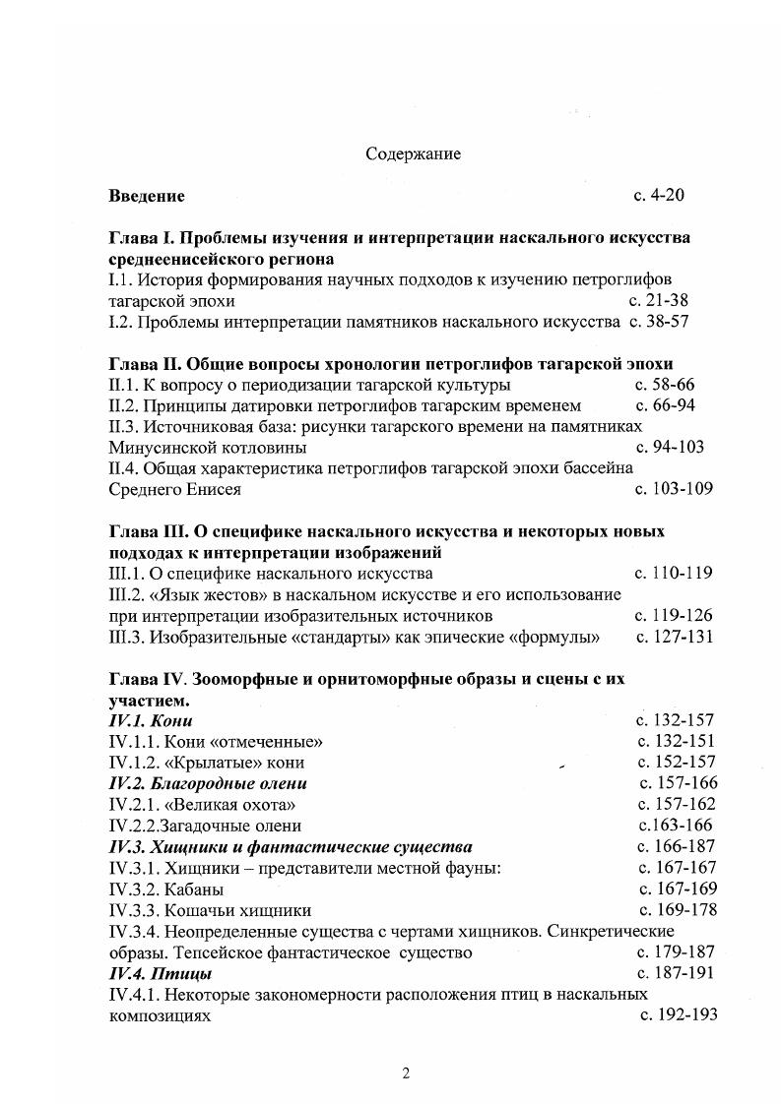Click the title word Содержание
pyautogui.click(x=413, y=154)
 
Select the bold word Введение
pyautogui.click(x=147, y=196)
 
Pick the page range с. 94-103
pyautogui.click(x=670, y=447)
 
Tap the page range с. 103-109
pyautogui.click(x=674, y=488)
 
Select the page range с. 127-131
pyautogui.click(x=675, y=637)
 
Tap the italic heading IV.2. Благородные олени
pyautogui.click(x=208, y=783)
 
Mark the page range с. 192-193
pyautogui.click(x=678, y=1015)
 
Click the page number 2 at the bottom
pyautogui.click(x=405, y=1073)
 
